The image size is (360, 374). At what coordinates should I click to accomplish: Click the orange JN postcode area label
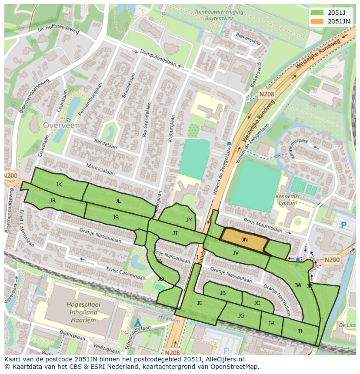[x=245, y=239]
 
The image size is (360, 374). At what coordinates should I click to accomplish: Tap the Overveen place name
[x=61, y=125]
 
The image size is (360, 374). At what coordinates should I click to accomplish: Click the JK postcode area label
[x=59, y=185]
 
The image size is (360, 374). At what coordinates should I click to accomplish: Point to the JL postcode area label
[x=118, y=201]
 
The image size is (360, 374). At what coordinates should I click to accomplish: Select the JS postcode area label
[x=116, y=218]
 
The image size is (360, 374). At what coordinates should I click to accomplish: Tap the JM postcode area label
[x=189, y=220]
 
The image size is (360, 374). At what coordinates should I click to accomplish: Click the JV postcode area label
[x=236, y=252]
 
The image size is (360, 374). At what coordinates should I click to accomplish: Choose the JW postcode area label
[x=298, y=285]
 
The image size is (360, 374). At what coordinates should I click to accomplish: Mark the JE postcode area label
[x=200, y=303]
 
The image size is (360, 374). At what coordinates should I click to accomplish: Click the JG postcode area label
[x=241, y=316]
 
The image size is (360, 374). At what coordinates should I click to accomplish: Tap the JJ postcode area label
[x=300, y=331]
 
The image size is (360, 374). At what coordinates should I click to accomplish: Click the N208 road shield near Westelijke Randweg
[x=266, y=94]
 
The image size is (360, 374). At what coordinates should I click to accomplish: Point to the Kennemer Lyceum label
[x=288, y=199]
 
